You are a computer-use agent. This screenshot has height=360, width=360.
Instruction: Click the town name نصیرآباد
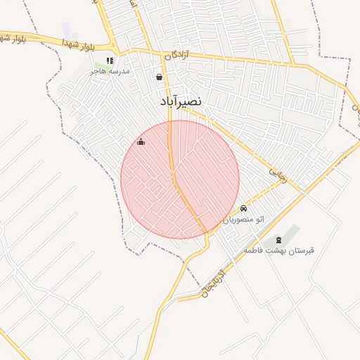coord(179,101)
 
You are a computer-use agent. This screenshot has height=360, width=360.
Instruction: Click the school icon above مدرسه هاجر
coord(109,61)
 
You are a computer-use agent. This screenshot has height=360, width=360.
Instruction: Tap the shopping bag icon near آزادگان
coord(160,77)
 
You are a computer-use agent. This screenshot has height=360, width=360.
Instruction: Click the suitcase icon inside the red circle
coord(141,142)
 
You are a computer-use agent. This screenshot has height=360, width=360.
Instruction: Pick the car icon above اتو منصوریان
coord(243,208)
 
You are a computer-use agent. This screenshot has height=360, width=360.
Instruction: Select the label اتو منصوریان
coord(244,219)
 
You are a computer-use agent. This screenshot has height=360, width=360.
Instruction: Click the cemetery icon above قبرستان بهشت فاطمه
coord(278,240)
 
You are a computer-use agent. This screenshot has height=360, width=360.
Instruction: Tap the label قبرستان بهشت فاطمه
coord(279,250)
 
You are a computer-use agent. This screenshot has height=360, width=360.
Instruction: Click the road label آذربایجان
coord(212,281)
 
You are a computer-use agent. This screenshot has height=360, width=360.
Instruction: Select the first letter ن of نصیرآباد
coord(198,101)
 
